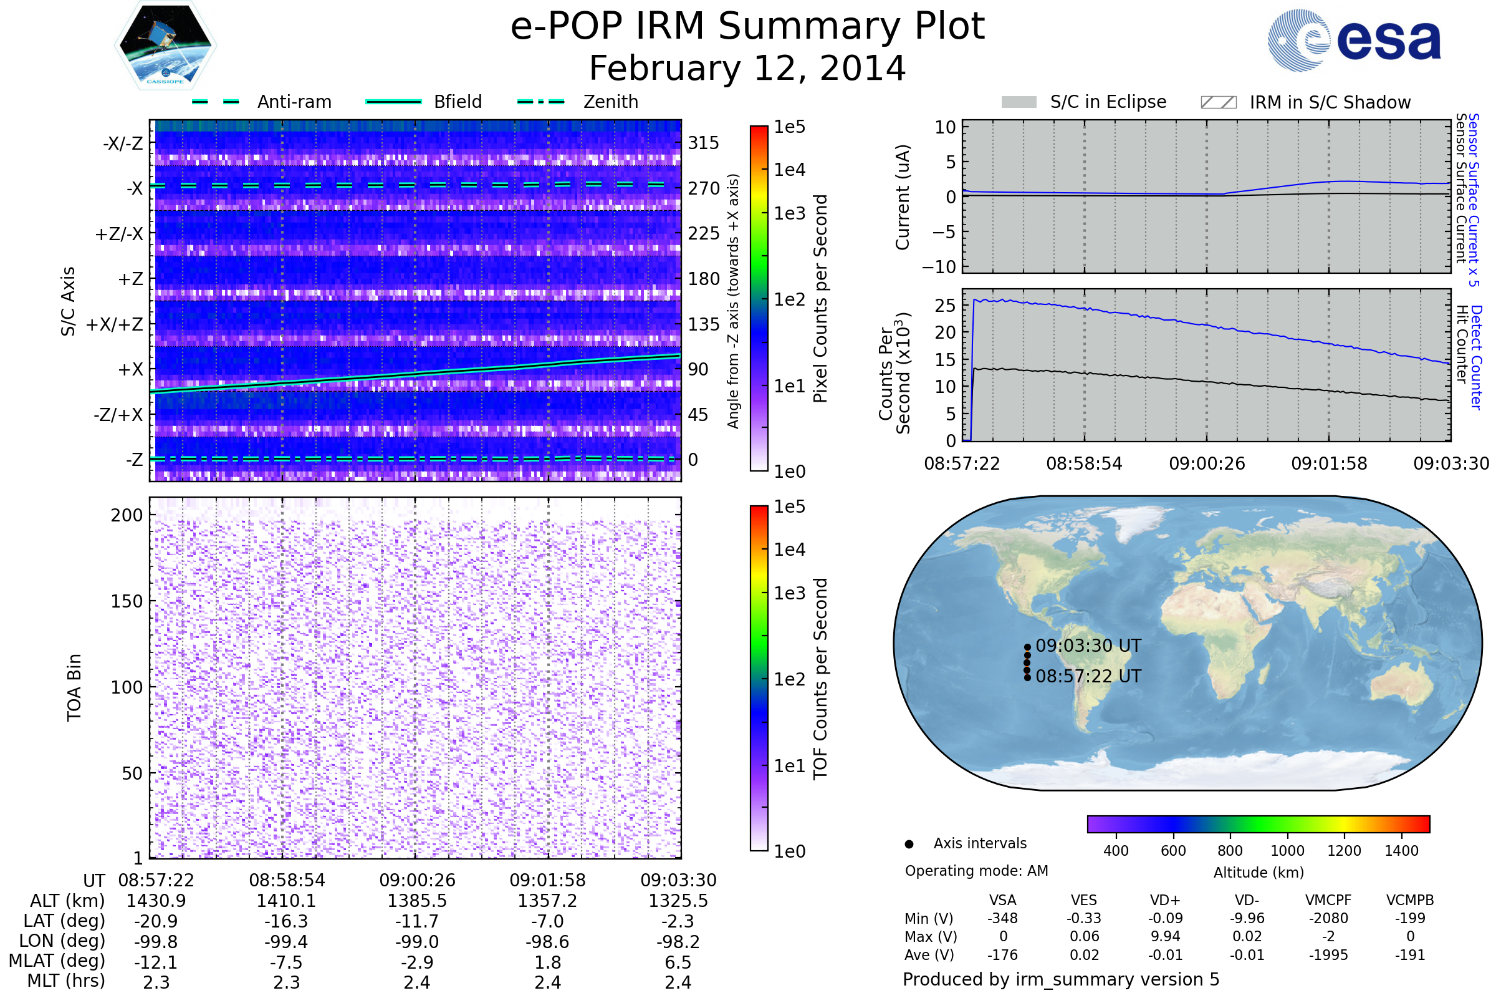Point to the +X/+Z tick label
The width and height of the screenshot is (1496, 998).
(115, 324)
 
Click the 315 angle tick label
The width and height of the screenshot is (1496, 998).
(703, 143)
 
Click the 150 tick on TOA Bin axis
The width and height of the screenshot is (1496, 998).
(127, 601)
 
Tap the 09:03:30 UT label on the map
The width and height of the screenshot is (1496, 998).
(1088, 646)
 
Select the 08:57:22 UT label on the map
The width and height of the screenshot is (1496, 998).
(1088, 677)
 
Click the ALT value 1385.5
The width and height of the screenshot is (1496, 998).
(416, 901)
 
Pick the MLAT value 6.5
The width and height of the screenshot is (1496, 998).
(678, 962)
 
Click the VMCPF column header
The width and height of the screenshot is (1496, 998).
(1328, 901)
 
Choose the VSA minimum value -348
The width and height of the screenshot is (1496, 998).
(1002, 918)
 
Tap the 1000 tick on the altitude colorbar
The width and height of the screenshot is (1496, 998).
(1287, 851)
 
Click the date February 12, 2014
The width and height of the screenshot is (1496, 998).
(747, 68)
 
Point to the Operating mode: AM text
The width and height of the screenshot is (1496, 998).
(976, 871)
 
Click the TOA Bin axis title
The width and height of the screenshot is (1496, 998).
(74, 687)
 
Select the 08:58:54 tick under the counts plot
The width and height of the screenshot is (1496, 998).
(1084, 463)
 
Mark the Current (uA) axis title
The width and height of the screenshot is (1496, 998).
(903, 197)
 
